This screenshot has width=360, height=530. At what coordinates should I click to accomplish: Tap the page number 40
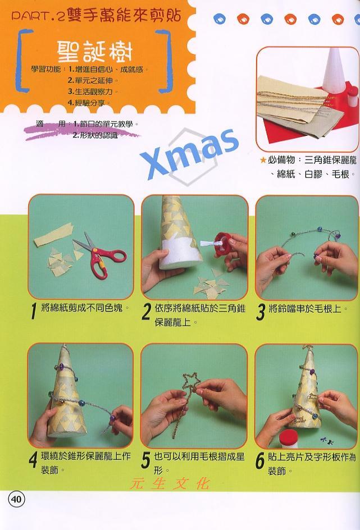(16, 499)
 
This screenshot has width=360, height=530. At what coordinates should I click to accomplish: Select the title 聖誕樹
(94, 52)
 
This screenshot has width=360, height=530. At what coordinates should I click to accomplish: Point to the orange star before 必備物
(263, 160)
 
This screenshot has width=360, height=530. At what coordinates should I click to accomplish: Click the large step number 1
(33, 310)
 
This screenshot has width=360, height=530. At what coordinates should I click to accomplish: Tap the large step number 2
(147, 311)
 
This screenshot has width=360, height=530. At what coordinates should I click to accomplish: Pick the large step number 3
(260, 312)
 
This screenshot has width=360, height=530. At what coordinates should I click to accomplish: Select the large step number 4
(33, 460)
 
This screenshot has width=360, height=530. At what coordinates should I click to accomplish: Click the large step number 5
(145, 460)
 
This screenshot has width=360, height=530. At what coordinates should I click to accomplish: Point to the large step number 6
(259, 460)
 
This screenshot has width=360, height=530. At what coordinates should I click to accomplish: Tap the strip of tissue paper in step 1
(53, 234)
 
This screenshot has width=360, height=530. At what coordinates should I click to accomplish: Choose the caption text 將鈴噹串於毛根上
(305, 309)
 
